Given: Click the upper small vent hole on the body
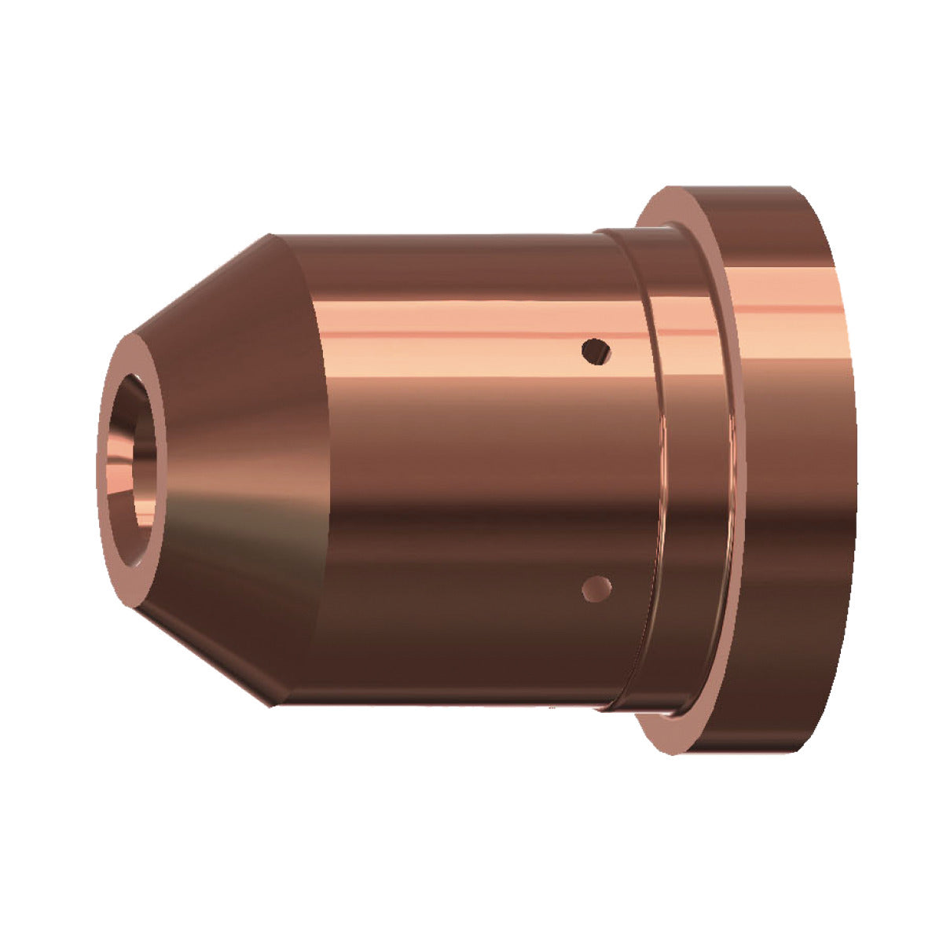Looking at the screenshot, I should [x=596, y=350].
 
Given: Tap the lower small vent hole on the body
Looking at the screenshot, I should [x=596, y=587].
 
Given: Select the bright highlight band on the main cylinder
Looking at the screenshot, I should [x=472, y=346].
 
